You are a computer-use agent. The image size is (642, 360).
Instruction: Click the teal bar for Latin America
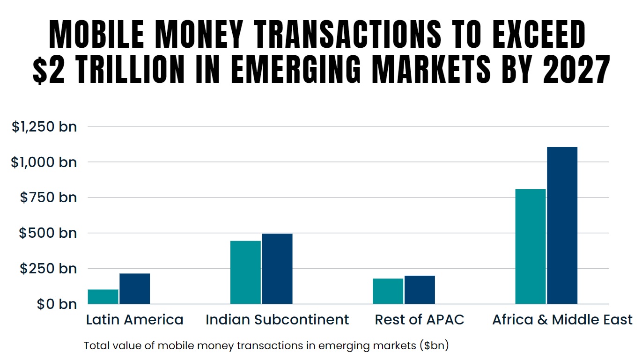[103, 297]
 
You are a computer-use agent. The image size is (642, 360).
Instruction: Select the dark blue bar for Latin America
[135, 289]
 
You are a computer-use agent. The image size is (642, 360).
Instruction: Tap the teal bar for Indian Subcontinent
[245, 272]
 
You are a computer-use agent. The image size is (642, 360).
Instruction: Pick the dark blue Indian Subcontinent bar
[277, 269]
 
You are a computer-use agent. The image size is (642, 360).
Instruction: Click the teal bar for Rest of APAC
[388, 291]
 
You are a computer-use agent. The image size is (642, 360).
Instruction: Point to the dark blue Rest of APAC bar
[420, 290]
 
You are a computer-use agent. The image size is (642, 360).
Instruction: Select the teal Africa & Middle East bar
[530, 246]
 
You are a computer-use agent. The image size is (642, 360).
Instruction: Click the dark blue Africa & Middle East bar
[562, 225]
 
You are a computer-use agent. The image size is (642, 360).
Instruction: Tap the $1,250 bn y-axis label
[44, 126]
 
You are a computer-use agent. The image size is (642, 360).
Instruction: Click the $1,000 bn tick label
[44, 162]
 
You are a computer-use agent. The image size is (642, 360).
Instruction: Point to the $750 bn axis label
[48, 198]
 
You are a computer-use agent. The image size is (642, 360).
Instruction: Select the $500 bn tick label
[48, 233]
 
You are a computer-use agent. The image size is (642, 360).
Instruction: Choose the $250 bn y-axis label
[48, 269]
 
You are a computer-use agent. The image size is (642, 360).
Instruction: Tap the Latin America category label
[135, 320]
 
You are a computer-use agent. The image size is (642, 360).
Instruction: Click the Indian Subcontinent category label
[277, 320]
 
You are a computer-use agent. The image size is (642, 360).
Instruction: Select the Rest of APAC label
[420, 320]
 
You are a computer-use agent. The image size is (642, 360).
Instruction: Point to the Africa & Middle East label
[562, 320]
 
